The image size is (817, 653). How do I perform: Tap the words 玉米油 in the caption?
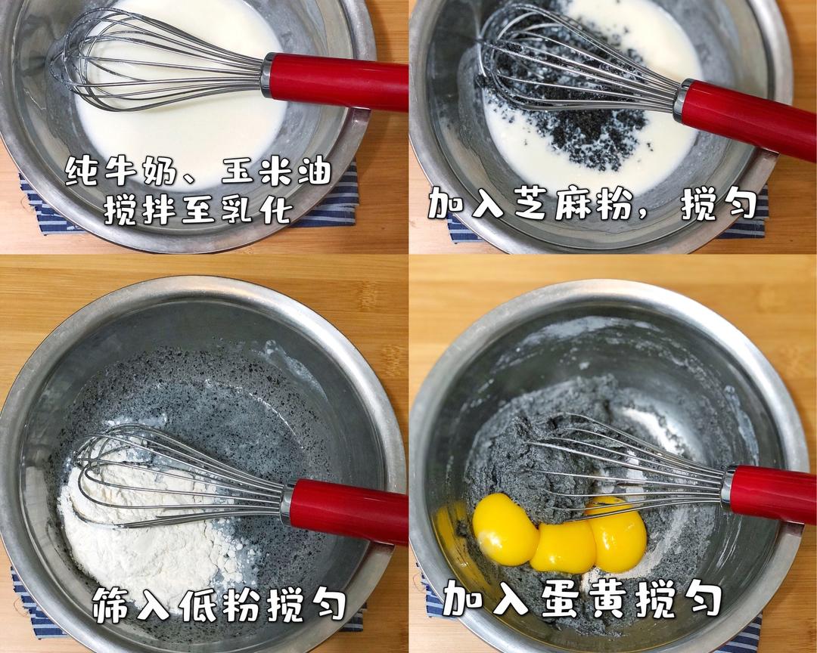(x=277, y=171)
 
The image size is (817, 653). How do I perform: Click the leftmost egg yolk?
(x=504, y=528)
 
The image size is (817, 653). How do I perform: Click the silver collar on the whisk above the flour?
(x=287, y=503)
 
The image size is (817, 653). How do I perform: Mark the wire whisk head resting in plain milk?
(x=157, y=60)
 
